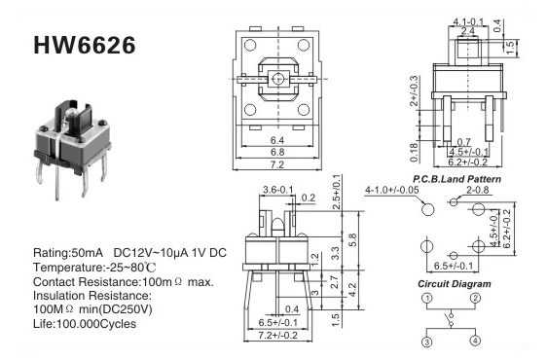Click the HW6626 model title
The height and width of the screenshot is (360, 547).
click(85, 46)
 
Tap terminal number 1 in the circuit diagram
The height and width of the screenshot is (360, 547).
click(427, 298)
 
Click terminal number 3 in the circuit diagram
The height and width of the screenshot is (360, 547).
click(427, 342)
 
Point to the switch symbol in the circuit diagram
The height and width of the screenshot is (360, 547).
click(451, 319)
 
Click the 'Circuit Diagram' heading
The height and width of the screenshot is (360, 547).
click(455, 284)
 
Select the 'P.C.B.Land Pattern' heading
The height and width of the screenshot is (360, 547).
click(456, 179)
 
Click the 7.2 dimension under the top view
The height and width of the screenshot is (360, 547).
click(277, 164)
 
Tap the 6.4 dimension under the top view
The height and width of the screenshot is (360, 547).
click(277, 140)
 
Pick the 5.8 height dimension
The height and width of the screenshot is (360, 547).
click(353, 240)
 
